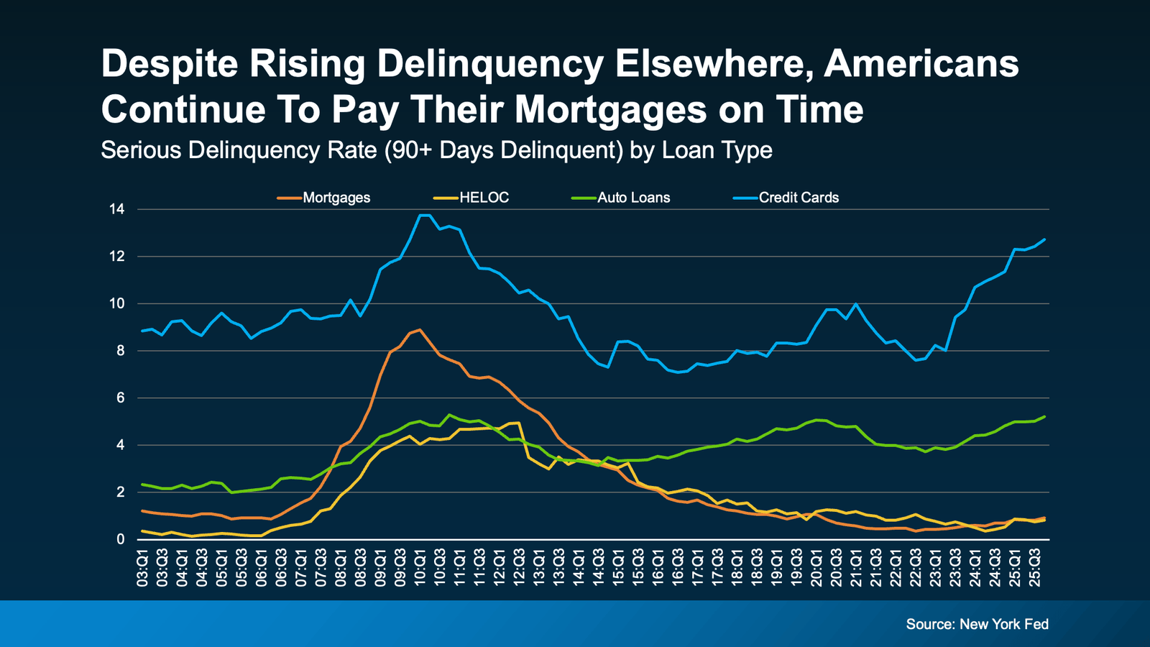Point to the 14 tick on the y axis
tap(116, 209)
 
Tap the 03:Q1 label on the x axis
tap(143, 567)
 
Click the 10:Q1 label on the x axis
tap(420, 567)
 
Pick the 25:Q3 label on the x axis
tap(1034, 567)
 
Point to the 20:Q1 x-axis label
tap(816, 567)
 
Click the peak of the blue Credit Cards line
tap(424, 215)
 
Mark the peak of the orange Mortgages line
tap(420, 330)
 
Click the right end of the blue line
tap(1044, 239)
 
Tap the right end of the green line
tap(1044, 416)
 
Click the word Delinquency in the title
tap(489, 64)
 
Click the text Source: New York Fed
tap(977, 624)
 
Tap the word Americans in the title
tap(921, 64)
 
